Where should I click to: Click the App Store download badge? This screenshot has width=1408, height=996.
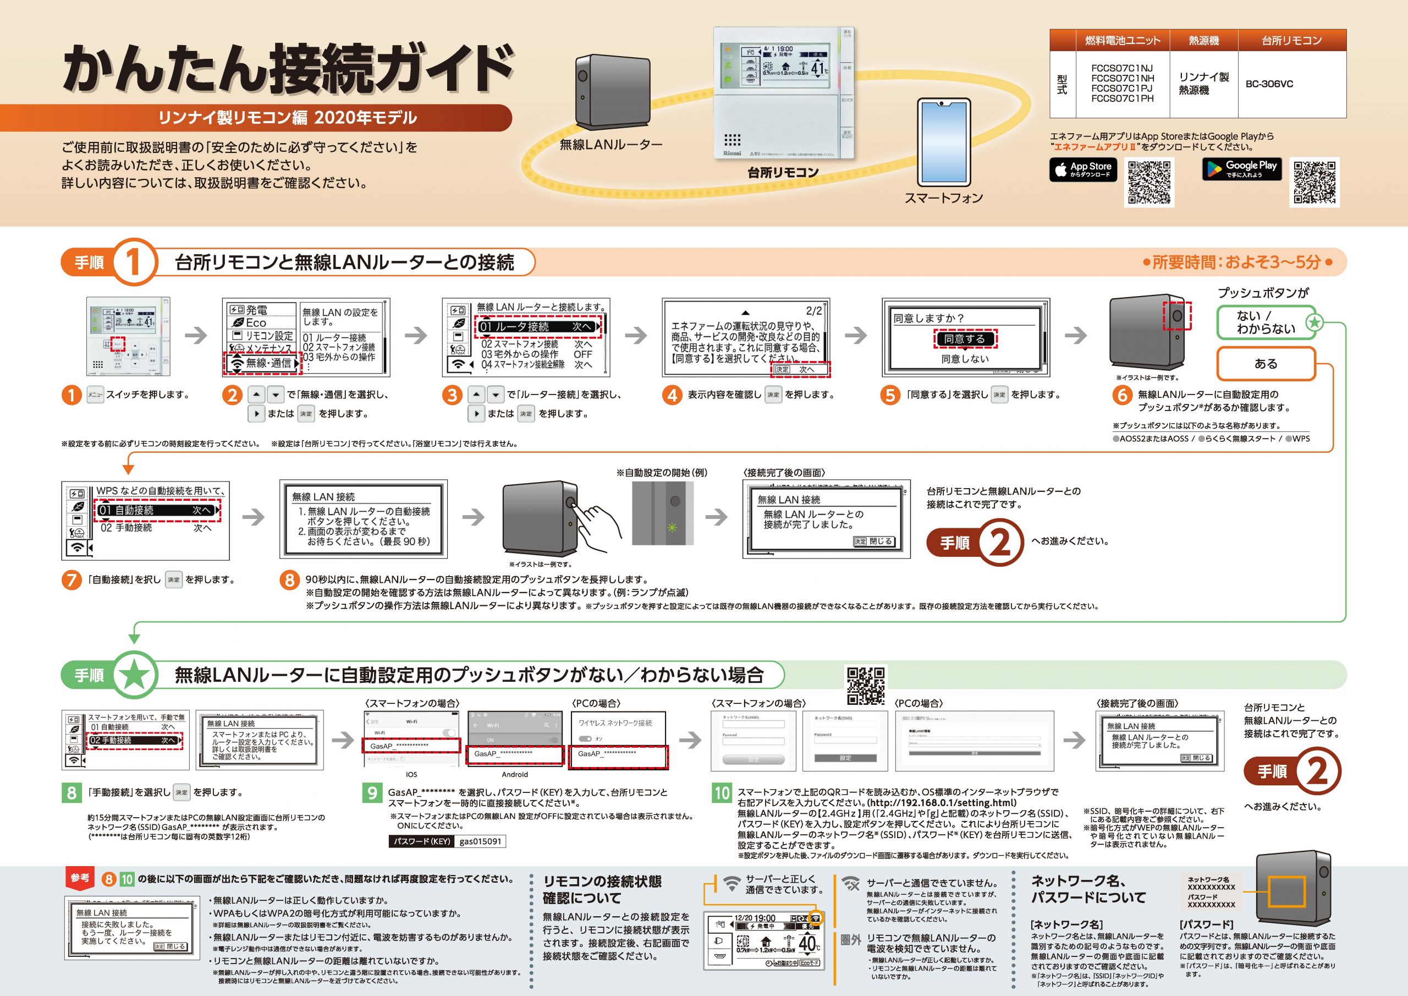click(1083, 170)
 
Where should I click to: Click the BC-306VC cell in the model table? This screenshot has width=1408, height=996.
click(1269, 84)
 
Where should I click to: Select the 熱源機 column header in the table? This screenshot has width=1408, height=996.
click(1203, 41)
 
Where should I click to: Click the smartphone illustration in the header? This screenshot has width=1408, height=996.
click(943, 142)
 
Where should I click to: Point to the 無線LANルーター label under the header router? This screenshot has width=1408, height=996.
click(611, 145)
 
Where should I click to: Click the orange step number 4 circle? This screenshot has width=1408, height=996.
click(672, 395)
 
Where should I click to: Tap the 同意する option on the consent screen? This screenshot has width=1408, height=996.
click(965, 339)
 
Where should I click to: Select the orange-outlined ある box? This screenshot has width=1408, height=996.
click(1266, 364)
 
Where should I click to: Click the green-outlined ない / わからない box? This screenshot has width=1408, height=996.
click(1266, 322)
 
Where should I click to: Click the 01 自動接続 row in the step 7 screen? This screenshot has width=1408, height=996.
click(158, 511)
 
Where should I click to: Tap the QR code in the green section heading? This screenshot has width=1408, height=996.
click(866, 686)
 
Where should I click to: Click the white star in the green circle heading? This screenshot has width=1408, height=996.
click(135, 676)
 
